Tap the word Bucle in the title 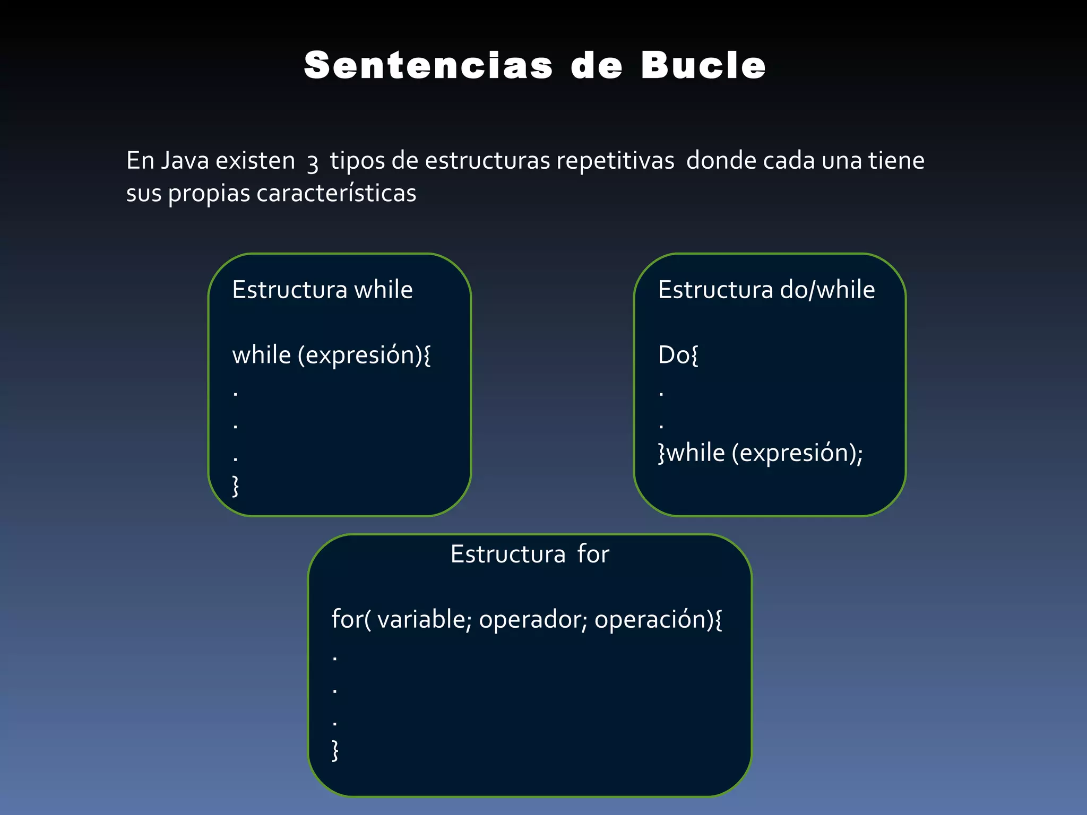(x=703, y=66)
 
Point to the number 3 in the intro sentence (x=313, y=163)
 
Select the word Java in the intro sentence (x=185, y=160)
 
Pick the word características (x=337, y=193)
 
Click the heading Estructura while (x=322, y=290)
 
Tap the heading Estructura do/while (x=766, y=290)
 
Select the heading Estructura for (x=530, y=554)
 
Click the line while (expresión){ (x=331, y=355)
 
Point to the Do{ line (x=678, y=355)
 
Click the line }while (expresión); (x=760, y=453)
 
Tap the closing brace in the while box (x=236, y=485)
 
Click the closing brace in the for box (x=335, y=750)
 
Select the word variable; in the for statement (x=424, y=619)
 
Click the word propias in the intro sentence (x=209, y=194)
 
